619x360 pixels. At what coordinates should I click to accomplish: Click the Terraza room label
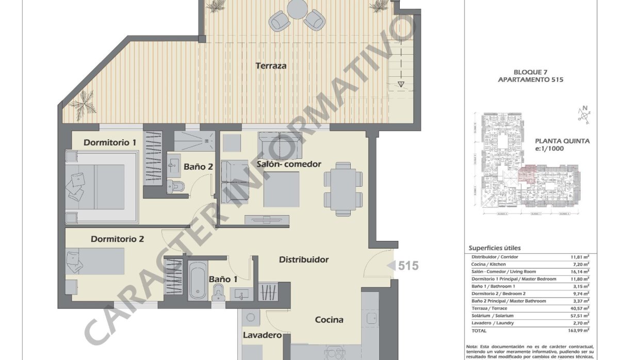[x=270, y=66]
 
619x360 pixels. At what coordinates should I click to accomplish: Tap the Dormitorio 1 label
[x=110, y=142]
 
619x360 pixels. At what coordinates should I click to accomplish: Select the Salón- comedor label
[x=289, y=164]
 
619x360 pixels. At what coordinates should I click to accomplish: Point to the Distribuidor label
[x=303, y=260]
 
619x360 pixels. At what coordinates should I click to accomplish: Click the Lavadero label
[x=262, y=336]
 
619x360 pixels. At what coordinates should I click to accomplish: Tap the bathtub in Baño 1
[x=197, y=281]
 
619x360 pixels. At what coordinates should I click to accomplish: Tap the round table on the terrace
[x=297, y=8]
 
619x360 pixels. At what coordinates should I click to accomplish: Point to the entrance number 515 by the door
[x=408, y=266]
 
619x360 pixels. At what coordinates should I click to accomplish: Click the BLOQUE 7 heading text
[x=530, y=72]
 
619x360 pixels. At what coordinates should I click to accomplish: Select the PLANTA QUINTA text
[x=562, y=141]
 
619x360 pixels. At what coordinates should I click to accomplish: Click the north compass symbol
[x=583, y=115]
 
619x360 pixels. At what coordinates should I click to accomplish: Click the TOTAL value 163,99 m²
[x=579, y=330]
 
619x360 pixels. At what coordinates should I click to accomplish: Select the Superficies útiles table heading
[x=494, y=248]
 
